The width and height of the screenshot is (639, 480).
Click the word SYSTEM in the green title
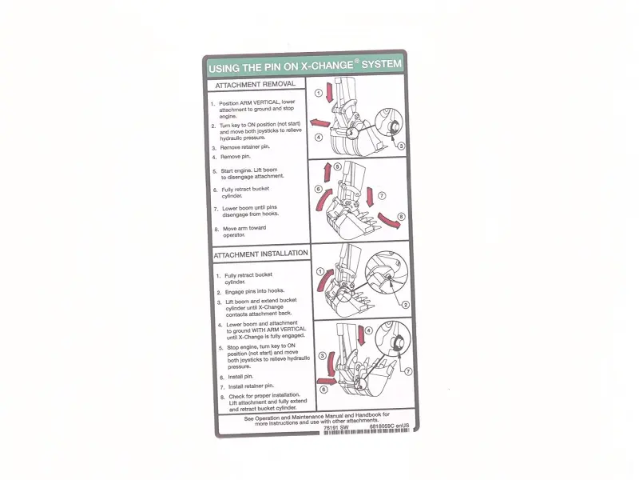tap(382, 64)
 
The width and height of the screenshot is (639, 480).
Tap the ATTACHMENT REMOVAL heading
tap(255, 85)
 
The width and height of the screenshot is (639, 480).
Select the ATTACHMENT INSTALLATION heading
tap(261, 254)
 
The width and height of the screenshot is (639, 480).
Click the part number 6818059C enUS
tap(389, 426)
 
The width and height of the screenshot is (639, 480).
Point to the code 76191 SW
tap(336, 427)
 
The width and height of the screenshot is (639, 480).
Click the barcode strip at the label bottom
tap(366, 431)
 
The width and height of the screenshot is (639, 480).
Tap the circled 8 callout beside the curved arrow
tap(401, 216)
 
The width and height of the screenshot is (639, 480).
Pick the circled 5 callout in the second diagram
tap(337, 166)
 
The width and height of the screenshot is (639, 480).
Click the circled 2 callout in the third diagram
tap(406, 305)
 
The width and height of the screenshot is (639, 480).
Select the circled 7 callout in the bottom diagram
tap(408, 371)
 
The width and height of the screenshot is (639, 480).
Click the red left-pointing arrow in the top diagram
tap(320, 123)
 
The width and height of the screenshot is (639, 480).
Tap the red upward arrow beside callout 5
tap(327, 173)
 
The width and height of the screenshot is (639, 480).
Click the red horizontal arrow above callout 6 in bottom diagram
tap(327, 382)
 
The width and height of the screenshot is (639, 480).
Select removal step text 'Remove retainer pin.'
tap(245, 147)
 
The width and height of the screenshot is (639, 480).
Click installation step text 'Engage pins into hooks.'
tap(255, 291)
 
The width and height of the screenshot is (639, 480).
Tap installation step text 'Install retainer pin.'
tap(251, 386)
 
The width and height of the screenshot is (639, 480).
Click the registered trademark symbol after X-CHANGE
tap(356, 62)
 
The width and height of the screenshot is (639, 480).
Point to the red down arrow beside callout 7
tap(370, 196)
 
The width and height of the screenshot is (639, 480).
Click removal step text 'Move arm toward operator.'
tap(244, 231)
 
